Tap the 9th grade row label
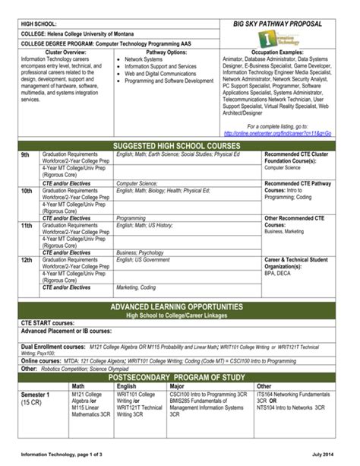click(x=25, y=154)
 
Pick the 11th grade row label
click(x=27, y=226)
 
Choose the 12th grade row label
click(x=27, y=260)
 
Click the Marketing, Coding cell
click(x=136, y=288)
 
